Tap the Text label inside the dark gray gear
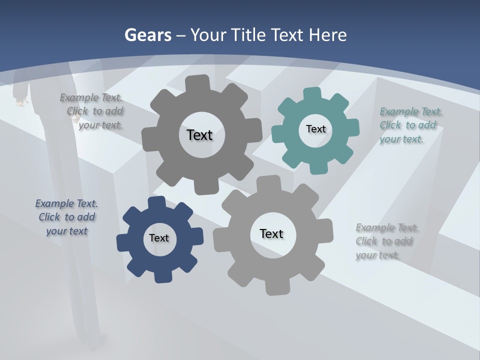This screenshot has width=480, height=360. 199,135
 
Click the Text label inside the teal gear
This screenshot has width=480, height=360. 315,129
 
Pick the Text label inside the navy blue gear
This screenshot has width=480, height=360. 159,238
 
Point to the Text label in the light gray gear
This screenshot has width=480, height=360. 271,233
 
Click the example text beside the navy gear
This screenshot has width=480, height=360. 66,217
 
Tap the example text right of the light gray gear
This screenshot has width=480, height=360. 386,241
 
